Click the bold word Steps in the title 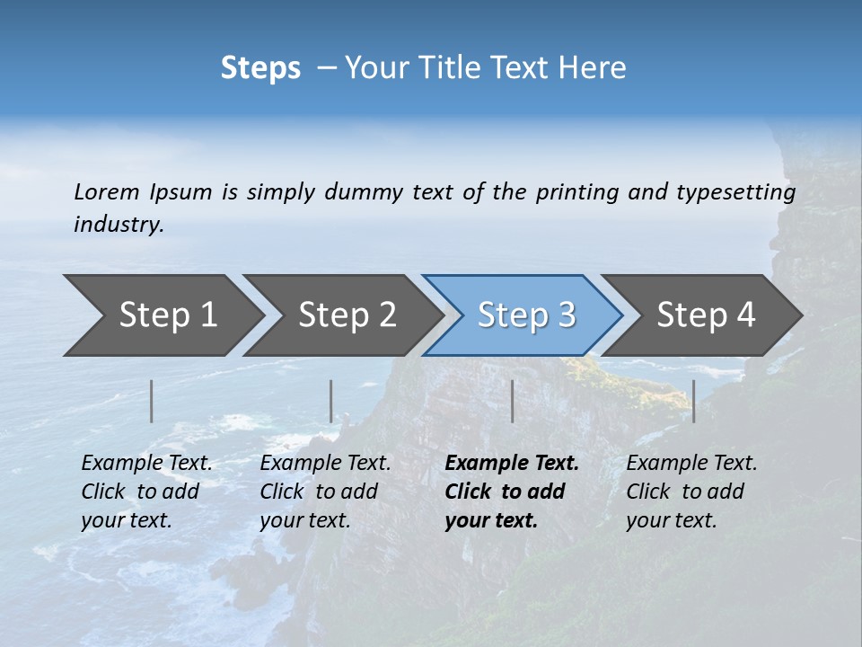click(x=260, y=68)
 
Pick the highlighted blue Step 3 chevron click(x=526, y=315)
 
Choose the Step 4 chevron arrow click(x=706, y=315)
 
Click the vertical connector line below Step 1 click(x=152, y=401)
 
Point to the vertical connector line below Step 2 click(x=331, y=401)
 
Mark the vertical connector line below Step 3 click(x=513, y=401)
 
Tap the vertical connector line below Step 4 click(x=694, y=401)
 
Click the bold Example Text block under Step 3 click(x=512, y=492)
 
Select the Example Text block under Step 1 click(x=146, y=492)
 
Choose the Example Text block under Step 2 click(x=325, y=492)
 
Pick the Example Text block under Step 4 click(x=691, y=492)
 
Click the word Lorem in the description click(x=107, y=192)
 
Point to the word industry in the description click(x=118, y=225)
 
